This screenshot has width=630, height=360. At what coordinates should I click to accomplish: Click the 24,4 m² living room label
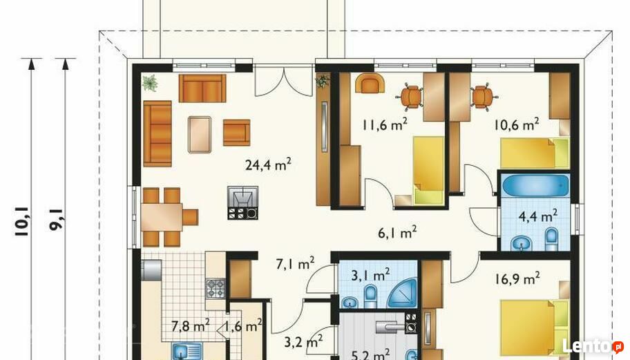click(268, 164)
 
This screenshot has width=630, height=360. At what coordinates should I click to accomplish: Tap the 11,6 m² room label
click(385, 124)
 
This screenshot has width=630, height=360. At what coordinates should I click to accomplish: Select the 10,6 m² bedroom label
click(516, 124)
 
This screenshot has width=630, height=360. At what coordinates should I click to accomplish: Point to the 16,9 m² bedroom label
click(517, 278)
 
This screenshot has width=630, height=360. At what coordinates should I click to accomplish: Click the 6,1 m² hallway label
click(397, 232)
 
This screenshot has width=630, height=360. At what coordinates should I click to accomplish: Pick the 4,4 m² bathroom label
click(538, 216)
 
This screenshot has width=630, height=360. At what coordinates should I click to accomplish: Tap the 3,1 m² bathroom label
click(370, 275)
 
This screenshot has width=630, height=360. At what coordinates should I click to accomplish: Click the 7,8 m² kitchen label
click(191, 325)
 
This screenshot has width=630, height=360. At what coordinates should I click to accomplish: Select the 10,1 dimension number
click(21, 221)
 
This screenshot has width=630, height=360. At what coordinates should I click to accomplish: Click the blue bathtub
click(535, 185)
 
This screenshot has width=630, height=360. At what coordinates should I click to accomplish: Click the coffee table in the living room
click(200, 135)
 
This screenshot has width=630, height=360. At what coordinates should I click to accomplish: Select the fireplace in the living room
click(242, 203)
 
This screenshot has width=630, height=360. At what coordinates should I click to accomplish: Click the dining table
click(162, 217)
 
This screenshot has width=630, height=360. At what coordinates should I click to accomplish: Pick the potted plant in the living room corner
click(149, 83)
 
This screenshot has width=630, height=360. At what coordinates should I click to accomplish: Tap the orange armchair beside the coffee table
click(237, 132)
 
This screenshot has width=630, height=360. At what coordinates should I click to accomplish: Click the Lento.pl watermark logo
click(593, 346)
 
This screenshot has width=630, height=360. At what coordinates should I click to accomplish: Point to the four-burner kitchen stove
click(216, 288)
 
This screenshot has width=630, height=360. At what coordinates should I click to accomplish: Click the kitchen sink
click(188, 351)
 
